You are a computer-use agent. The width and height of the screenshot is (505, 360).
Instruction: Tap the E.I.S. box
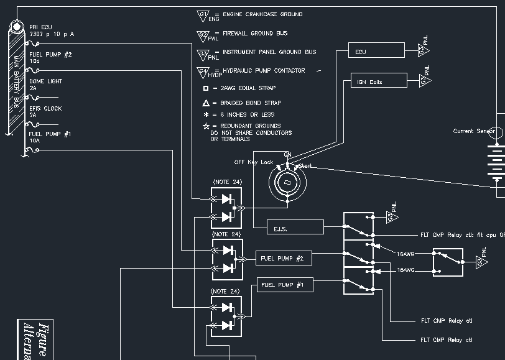(295, 228)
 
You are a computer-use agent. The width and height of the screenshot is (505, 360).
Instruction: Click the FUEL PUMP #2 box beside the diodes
(284, 257)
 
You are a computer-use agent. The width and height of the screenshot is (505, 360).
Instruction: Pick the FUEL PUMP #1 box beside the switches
(285, 285)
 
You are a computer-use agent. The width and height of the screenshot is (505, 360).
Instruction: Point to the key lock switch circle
(288, 182)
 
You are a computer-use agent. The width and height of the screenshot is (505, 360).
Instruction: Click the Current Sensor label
(474, 131)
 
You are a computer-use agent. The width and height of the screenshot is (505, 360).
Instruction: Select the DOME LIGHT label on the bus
(46, 81)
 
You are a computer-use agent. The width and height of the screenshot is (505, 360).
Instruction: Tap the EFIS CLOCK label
(46, 109)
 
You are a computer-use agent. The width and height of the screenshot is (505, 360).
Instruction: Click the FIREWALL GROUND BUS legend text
(255, 33)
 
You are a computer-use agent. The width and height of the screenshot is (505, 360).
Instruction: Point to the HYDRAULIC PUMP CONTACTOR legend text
(264, 70)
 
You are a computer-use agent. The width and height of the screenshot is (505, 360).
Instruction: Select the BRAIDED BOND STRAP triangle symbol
(206, 103)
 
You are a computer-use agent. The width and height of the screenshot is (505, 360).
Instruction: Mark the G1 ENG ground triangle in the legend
(203, 15)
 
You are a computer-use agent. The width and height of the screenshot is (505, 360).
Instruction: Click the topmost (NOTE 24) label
(226, 182)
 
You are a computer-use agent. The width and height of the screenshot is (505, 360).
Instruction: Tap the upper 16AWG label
(406, 254)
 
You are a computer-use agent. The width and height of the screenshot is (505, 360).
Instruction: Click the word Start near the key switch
(305, 166)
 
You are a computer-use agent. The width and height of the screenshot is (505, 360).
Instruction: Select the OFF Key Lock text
(253, 162)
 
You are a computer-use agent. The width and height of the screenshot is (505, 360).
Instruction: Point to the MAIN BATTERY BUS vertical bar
(14, 78)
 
